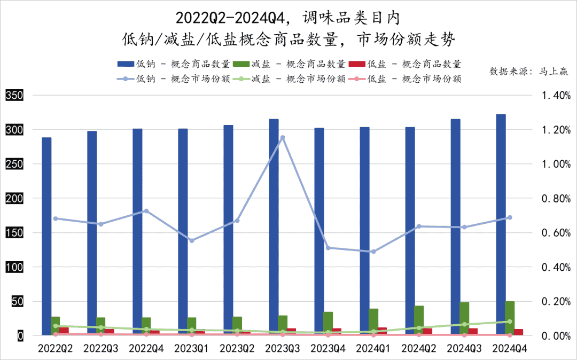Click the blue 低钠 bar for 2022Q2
[46, 235]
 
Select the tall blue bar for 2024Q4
[501, 224]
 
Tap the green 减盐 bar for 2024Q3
[464, 318]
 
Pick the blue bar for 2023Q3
[274, 227]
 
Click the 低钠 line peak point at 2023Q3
[283, 137]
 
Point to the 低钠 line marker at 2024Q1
[373, 252]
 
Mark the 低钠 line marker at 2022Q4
[146, 211]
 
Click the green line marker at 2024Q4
[510, 322]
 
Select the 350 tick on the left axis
[14, 96]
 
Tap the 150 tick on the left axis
[14, 233]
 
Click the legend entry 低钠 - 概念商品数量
[174, 64]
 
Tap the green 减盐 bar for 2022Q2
[56, 325]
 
